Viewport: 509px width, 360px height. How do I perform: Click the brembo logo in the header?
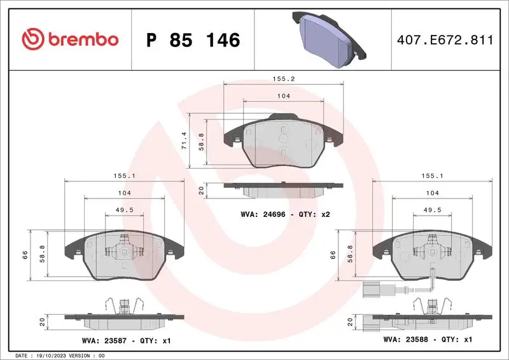[x=70, y=39]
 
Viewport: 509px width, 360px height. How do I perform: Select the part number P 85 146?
[x=193, y=40]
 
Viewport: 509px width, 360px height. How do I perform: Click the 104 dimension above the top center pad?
[x=283, y=96]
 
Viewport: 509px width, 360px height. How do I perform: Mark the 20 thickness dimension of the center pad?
[x=201, y=190]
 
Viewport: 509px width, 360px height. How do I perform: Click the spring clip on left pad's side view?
[x=120, y=306]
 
